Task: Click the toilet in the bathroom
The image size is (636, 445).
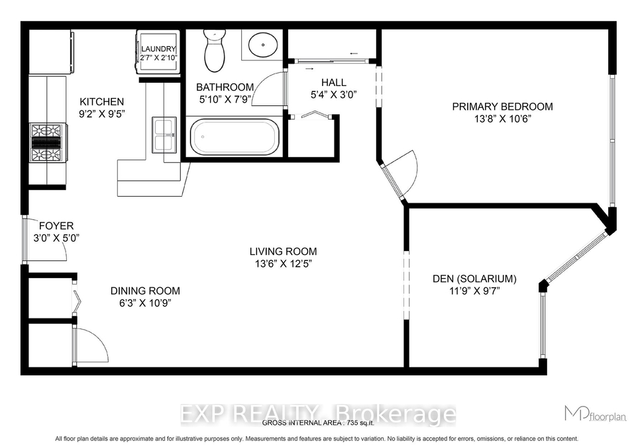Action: (215, 50)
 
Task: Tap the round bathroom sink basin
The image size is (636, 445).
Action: (263, 44)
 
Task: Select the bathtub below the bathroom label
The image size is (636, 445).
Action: (235, 137)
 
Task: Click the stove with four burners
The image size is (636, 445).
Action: (46, 143)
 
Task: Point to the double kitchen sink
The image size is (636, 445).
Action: (164, 135)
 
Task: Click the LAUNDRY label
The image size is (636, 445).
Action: (158, 48)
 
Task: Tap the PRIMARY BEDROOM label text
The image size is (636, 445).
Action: (503, 107)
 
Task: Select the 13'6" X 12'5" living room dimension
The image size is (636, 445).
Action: (283, 264)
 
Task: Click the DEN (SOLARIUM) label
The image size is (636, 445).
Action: (474, 279)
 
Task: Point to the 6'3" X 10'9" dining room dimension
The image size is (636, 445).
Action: (145, 303)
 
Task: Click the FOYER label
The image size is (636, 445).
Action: (56, 226)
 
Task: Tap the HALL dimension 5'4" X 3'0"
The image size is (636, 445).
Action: (333, 95)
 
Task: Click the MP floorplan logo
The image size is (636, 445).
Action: (596, 413)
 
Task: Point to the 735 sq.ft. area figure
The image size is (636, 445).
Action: (360, 423)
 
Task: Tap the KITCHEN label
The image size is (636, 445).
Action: (102, 102)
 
